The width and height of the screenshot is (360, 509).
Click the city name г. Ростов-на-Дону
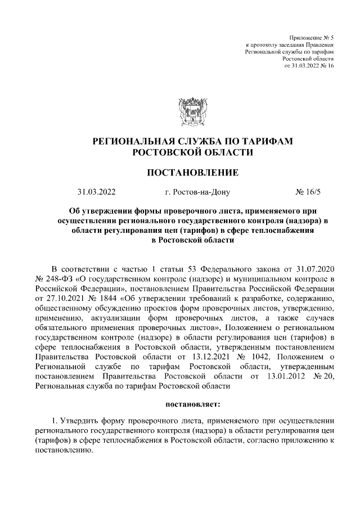coord(197,192)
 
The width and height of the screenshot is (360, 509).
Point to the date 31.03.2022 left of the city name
coord(97,192)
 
